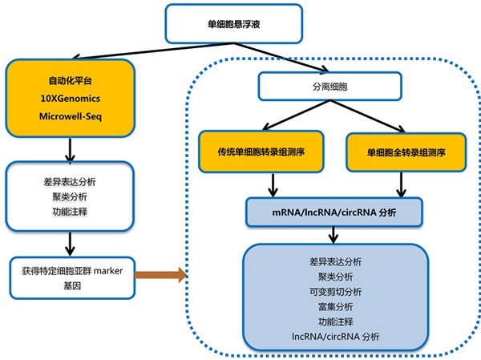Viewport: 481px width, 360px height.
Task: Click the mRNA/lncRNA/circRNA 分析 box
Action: [x=334, y=213]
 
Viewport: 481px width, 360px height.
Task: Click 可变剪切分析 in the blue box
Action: [x=334, y=291]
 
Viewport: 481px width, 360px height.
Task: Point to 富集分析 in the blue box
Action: [x=334, y=305]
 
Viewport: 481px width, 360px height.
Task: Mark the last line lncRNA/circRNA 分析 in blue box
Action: [x=334, y=337]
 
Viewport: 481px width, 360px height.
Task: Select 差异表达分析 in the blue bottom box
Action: [x=334, y=261]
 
